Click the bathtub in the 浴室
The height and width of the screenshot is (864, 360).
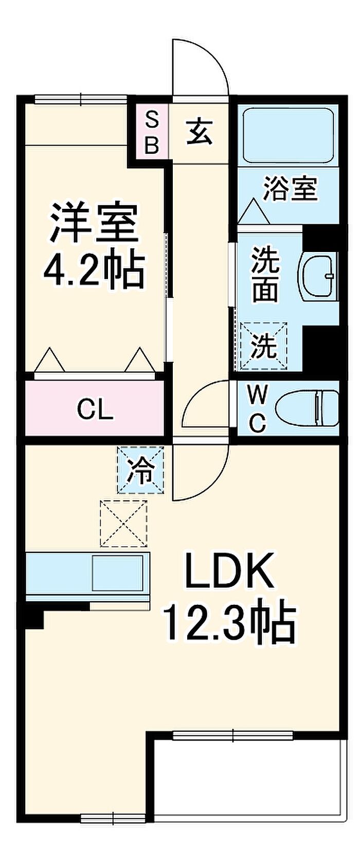click(x=288, y=135)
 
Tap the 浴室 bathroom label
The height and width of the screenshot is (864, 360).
click(x=290, y=189)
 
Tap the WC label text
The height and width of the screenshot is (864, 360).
click(x=257, y=408)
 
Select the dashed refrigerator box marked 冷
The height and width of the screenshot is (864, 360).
click(x=141, y=470)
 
